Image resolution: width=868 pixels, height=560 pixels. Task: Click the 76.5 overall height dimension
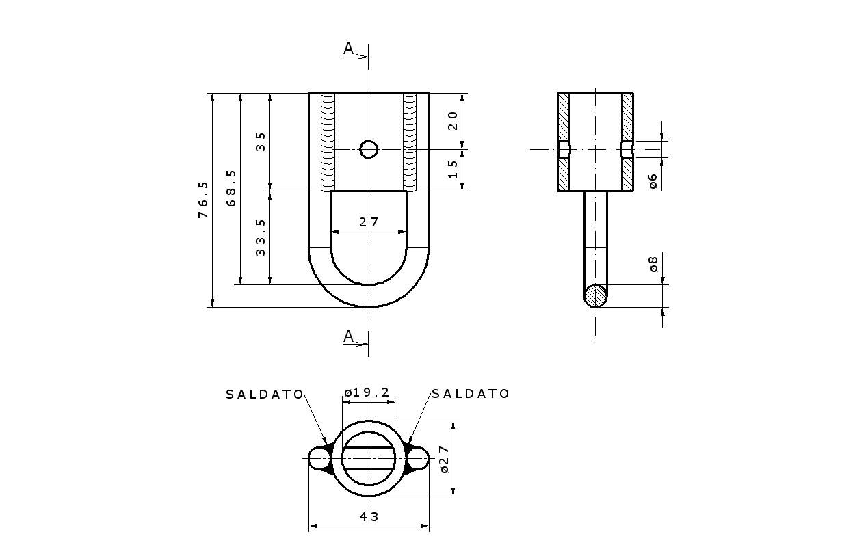click(x=203, y=200)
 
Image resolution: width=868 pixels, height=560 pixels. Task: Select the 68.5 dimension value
click(x=231, y=188)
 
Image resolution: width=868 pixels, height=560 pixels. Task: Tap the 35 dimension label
click(x=261, y=142)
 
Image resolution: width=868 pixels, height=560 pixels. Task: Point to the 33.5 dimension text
click(x=261, y=237)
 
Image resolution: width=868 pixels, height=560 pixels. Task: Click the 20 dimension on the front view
click(x=453, y=121)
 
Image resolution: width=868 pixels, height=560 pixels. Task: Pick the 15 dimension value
click(x=453, y=170)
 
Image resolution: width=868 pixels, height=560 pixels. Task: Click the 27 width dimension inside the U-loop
click(x=369, y=222)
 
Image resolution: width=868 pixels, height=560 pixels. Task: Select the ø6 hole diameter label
click(x=653, y=181)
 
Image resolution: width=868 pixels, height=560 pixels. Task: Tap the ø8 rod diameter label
click(x=653, y=264)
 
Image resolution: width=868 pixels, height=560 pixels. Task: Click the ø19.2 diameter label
click(x=367, y=392)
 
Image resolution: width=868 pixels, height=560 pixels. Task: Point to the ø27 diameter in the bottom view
click(x=445, y=459)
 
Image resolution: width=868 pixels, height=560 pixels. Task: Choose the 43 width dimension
click(x=369, y=516)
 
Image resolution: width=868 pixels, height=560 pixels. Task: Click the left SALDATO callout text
click(x=265, y=395)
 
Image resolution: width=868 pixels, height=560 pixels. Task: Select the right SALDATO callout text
click(x=471, y=393)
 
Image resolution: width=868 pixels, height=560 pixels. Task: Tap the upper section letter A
click(x=349, y=49)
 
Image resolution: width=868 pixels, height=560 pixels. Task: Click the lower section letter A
click(x=349, y=336)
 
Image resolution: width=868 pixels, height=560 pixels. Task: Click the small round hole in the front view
click(x=369, y=149)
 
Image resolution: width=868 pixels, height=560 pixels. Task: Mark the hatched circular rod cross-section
click(x=596, y=296)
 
